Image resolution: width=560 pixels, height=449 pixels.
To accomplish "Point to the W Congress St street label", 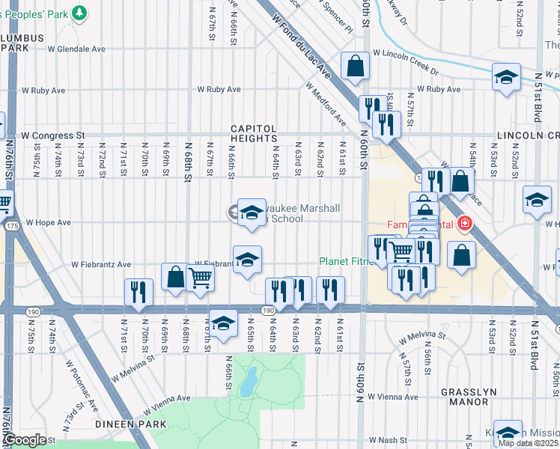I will [52, 136].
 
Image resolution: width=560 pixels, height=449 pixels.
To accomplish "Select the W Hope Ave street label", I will [48, 222].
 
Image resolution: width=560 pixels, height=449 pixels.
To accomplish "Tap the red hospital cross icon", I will [465, 224].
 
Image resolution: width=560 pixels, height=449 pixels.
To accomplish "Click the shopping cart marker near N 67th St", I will [200, 278].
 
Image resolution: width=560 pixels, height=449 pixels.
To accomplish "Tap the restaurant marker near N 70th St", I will [139, 291].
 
